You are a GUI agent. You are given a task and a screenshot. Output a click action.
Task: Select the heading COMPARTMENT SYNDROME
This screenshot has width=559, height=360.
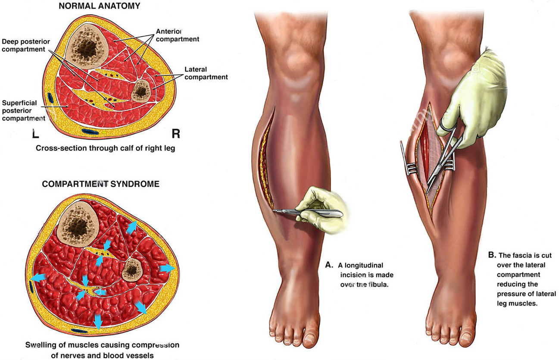[100, 184]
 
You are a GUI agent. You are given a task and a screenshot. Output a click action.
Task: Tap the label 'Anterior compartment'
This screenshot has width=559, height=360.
[177, 35]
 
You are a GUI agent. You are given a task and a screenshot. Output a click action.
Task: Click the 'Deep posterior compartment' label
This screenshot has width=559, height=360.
[26, 45]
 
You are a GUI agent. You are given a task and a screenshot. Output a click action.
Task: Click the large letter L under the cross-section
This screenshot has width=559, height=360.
[35, 134]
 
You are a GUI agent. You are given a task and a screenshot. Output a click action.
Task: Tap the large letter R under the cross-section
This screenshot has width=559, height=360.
[175, 134]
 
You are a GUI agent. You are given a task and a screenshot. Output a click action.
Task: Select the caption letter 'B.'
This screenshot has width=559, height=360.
[492, 255]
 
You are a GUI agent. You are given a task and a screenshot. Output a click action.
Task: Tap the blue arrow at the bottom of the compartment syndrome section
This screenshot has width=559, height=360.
[98, 321]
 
